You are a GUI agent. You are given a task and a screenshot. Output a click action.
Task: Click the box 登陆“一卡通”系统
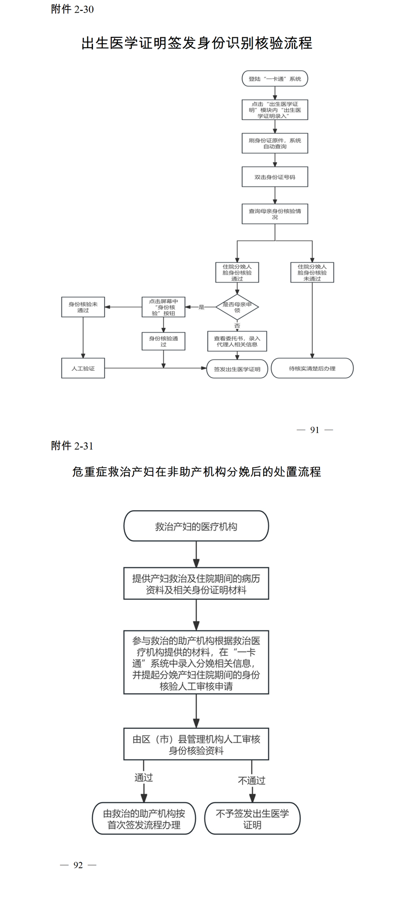tap(275, 78)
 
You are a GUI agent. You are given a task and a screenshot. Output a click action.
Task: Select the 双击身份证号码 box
tap(275, 177)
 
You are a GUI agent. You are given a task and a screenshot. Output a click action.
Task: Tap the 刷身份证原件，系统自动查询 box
tap(275, 143)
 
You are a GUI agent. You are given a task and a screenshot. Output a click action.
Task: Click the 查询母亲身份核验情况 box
tap(275, 214)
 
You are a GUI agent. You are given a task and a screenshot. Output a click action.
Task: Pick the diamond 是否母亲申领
tap(237, 307)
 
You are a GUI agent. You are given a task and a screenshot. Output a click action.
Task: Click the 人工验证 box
tap(83, 368)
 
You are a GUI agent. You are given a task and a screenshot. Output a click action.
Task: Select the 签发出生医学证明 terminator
tap(237, 369)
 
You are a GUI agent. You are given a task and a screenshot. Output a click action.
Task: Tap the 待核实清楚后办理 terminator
tap(312, 368)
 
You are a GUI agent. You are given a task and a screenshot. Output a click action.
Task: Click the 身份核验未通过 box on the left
tap(83, 307)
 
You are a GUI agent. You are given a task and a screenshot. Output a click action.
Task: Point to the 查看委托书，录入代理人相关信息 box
tap(237, 341)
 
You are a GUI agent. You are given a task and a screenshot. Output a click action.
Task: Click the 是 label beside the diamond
tap(201, 307)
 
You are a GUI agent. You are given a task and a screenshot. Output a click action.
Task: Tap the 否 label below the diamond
tap(237, 326)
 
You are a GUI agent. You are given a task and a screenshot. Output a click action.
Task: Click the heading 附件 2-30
tap(72, 9)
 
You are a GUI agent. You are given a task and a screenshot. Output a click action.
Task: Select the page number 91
tap(315, 430)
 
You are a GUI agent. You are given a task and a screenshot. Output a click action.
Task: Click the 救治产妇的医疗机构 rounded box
tap(196, 526)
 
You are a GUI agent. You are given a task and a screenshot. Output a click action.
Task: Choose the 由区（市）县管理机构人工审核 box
tap(196, 745)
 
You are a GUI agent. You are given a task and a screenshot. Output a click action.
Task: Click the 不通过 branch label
tap(252, 780)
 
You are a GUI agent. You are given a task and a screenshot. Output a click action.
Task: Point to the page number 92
tap(78, 865)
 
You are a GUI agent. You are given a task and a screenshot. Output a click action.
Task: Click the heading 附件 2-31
tap(72, 445)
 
